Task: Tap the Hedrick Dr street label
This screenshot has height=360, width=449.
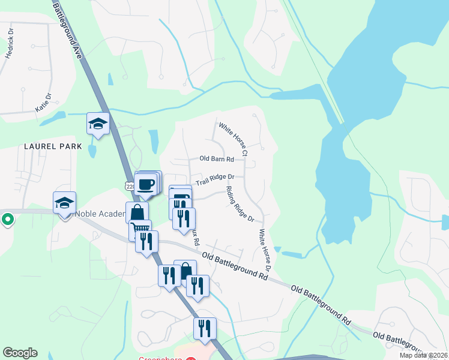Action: [x=9, y=44]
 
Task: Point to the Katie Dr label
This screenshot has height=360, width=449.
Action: [x=44, y=104]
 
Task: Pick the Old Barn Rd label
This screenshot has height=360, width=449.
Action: [x=217, y=159]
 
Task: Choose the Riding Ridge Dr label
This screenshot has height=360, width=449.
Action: [x=240, y=203]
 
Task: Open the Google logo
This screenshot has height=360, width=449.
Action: [x=20, y=353]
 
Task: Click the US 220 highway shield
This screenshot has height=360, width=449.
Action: [x=129, y=187]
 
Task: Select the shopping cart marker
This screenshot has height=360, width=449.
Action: [x=140, y=228]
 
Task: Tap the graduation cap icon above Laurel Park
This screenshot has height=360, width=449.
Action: [x=98, y=124]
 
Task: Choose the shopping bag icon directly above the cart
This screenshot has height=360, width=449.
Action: [x=137, y=212]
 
